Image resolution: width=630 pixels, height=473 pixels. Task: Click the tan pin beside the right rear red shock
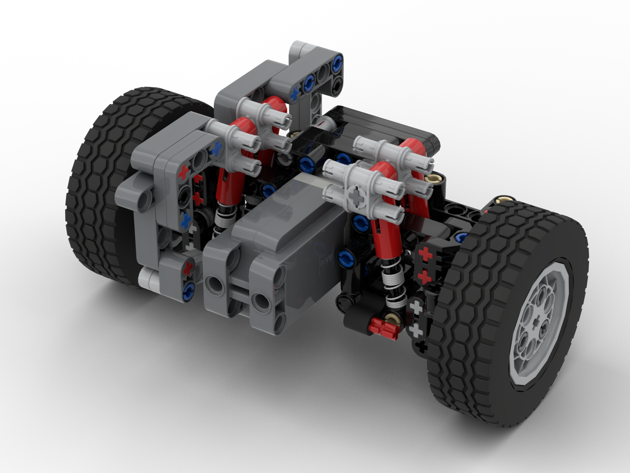point(435,178)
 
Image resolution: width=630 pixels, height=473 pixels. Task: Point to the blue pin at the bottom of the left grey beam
point(190,288)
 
